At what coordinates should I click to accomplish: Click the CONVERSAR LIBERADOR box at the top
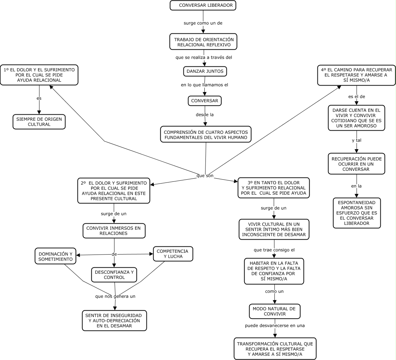pyautogui.click(x=203, y=5)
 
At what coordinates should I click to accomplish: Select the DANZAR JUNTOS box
pyautogui.click(x=205, y=71)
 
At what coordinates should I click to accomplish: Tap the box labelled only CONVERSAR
pyautogui.click(x=205, y=101)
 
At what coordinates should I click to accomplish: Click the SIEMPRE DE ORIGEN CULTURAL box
pyautogui.click(x=39, y=122)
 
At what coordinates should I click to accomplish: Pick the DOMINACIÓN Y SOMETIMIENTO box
pyautogui.click(x=55, y=257)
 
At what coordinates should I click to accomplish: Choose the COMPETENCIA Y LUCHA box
pyautogui.click(x=173, y=254)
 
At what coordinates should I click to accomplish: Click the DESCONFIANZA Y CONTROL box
pyautogui.click(x=114, y=274)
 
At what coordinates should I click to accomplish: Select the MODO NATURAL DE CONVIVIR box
pyautogui.click(x=274, y=311)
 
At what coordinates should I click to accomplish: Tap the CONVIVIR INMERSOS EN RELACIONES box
pyautogui.click(x=114, y=231)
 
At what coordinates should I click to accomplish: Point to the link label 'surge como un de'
pyautogui.click(x=203, y=23)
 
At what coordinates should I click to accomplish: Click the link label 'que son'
pyautogui.click(x=205, y=176)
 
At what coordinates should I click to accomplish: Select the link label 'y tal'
pyautogui.click(x=357, y=140)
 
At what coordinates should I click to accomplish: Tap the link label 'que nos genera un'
pyautogui.click(x=115, y=296)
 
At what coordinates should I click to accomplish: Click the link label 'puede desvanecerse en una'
pyautogui.click(x=275, y=325)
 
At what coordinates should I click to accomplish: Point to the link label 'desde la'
pyautogui.click(x=205, y=115)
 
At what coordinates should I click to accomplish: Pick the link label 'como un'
pyautogui.click(x=274, y=291)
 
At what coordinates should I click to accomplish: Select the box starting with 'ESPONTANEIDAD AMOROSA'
pyautogui.click(x=357, y=213)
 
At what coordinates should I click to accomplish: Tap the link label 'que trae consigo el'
pyautogui.click(x=274, y=250)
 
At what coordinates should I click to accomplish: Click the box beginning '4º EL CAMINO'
pyautogui.click(x=356, y=75)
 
